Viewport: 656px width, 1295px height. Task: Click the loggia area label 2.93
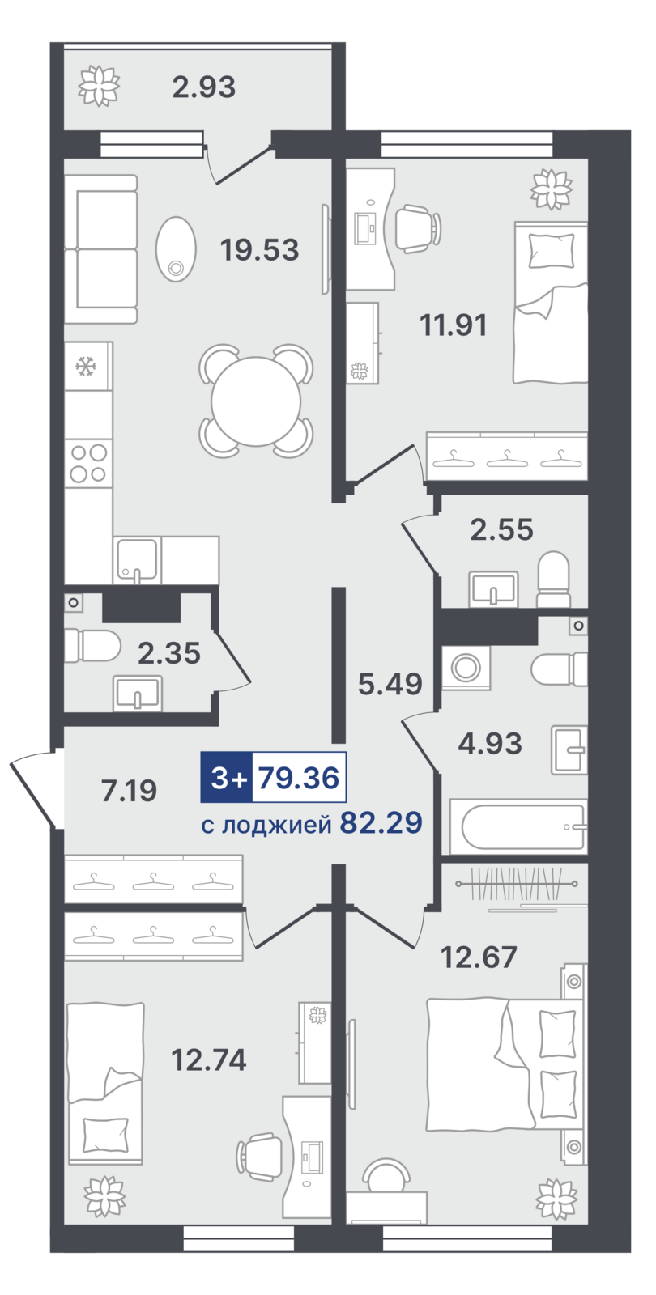tap(203, 87)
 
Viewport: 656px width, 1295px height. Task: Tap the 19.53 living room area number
tap(259, 250)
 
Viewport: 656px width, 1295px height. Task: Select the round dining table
tap(256, 401)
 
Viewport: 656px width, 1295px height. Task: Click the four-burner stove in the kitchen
tap(88, 463)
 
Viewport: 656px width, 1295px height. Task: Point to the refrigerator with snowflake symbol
tap(88, 366)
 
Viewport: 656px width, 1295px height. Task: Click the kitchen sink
tap(137, 559)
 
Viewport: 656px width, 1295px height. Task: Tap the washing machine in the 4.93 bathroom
tap(466, 668)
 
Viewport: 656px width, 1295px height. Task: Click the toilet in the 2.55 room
tap(553, 580)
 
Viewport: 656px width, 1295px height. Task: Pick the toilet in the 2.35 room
tap(92, 646)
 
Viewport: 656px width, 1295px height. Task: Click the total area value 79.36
tap(299, 778)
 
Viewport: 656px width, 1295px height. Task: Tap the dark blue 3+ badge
tap(226, 778)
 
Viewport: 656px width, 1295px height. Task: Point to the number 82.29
tap(381, 822)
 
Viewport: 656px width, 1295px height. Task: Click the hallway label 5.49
tap(390, 684)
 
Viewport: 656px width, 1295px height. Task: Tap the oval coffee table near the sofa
tap(176, 249)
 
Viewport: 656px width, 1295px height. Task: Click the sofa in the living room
tap(100, 249)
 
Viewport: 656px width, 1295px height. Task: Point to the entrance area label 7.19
tap(129, 791)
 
